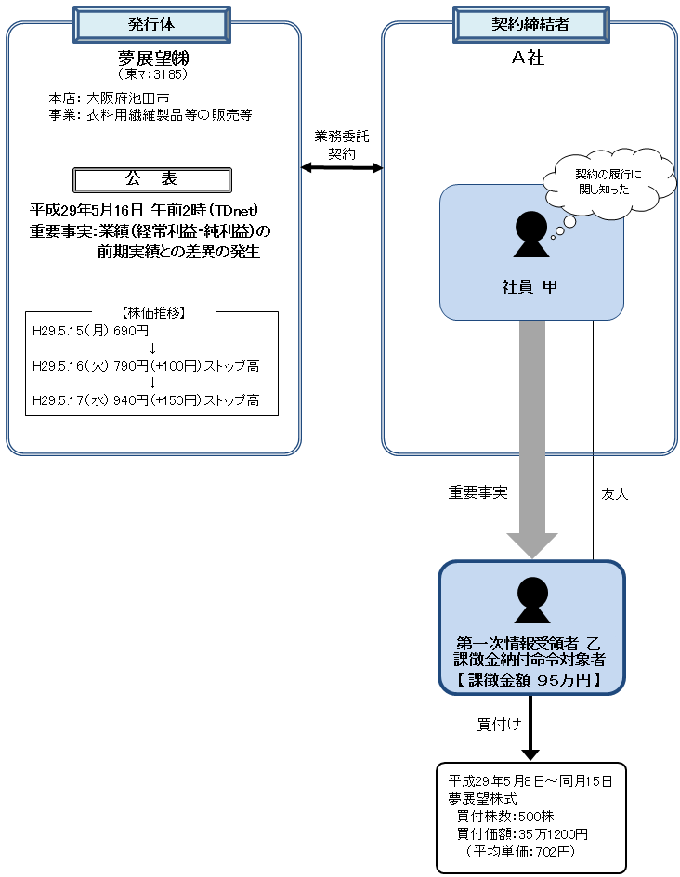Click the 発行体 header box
click(152, 25)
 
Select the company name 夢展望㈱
click(152, 58)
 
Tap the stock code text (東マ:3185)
click(152, 73)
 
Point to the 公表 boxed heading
click(151, 178)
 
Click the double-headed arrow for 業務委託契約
click(342, 167)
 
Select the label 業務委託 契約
click(342, 145)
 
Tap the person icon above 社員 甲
click(530, 234)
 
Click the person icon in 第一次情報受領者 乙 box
click(531, 600)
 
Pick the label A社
click(528, 58)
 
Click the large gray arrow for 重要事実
click(531, 437)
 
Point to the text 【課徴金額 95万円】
click(530, 680)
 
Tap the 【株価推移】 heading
click(151, 312)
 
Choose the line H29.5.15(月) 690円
click(91, 331)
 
